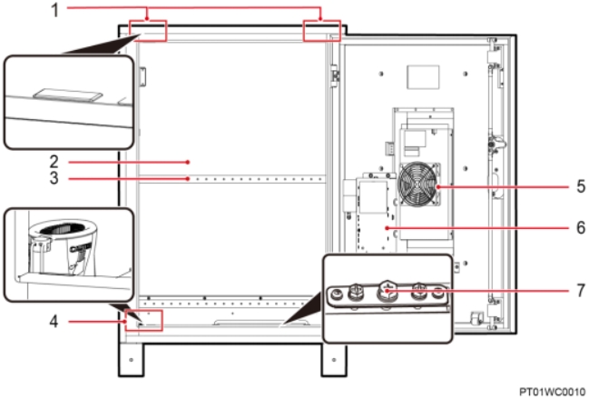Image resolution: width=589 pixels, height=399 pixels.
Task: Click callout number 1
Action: click(x=54, y=10)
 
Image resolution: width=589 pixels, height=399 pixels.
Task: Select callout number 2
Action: click(x=54, y=162)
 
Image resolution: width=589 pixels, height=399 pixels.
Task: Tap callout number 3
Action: click(x=54, y=178)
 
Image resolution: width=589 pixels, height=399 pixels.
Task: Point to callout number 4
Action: click(x=54, y=322)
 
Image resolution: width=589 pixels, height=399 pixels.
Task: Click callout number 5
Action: click(x=581, y=186)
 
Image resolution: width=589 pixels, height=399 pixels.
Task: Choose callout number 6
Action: click(x=581, y=227)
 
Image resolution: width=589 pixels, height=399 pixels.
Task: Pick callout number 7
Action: click(x=581, y=290)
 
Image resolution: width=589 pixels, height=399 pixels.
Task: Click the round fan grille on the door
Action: click(x=418, y=184)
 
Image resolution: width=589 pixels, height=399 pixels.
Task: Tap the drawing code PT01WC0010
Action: click(x=553, y=392)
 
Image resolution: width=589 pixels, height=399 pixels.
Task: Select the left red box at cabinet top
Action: click(x=147, y=31)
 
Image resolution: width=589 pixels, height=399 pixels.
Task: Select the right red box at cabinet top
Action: click(x=322, y=31)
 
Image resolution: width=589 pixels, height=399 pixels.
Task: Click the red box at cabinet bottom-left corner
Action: click(x=144, y=321)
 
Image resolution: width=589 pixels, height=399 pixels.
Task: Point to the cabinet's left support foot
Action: click(x=131, y=360)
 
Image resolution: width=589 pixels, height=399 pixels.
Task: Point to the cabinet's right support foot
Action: click(x=334, y=360)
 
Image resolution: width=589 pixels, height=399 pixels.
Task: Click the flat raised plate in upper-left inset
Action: click(x=68, y=95)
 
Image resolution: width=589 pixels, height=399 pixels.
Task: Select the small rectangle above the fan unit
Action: click(x=423, y=77)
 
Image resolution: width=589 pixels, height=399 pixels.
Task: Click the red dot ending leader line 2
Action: click(x=188, y=162)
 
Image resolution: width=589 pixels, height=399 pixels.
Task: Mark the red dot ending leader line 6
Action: click(x=387, y=228)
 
